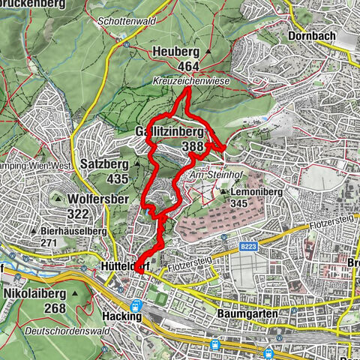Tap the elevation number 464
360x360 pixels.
177,65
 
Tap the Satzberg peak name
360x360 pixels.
109,161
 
